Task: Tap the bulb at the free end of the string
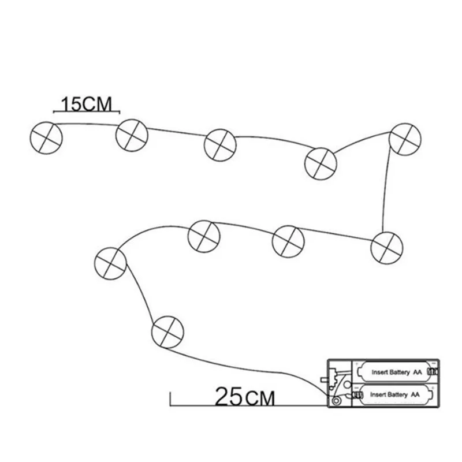coord(45,136)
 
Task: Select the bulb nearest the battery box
coord(167,331)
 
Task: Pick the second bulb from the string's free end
coord(132,134)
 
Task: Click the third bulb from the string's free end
coord(220,144)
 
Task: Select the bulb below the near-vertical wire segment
coord(386,247)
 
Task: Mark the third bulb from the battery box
coord(204,236)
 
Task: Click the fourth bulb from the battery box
coord(288,240)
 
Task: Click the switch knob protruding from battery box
coord(323,381)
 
